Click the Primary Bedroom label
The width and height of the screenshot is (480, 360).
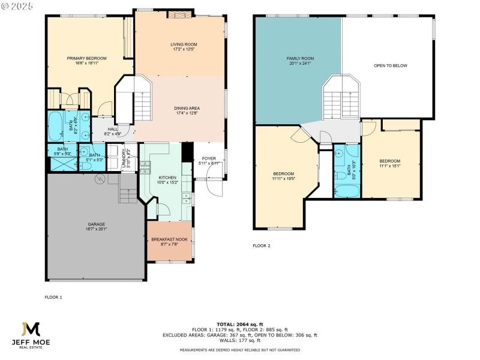(87, 58)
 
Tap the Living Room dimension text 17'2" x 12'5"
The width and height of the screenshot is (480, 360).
(184, 49)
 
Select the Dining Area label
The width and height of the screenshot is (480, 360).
(183, 108)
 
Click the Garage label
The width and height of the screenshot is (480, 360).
(97, 224)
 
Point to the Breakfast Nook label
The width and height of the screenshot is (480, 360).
(169, 239)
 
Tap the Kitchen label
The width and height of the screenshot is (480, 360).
(167, 178)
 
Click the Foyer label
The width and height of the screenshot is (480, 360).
(208, 158)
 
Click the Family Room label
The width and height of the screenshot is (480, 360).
(300, 58)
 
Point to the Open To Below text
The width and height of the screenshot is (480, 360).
(390, 65)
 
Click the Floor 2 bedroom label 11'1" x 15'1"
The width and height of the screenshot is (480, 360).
(389, 161)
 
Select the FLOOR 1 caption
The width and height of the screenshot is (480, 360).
(53, 297)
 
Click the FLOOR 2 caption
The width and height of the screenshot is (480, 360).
(262, 245)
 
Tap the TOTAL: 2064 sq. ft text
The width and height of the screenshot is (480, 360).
(240, 323)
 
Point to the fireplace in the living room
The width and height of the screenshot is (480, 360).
(176, 14)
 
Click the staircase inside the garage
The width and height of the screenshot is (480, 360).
(128, 195)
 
